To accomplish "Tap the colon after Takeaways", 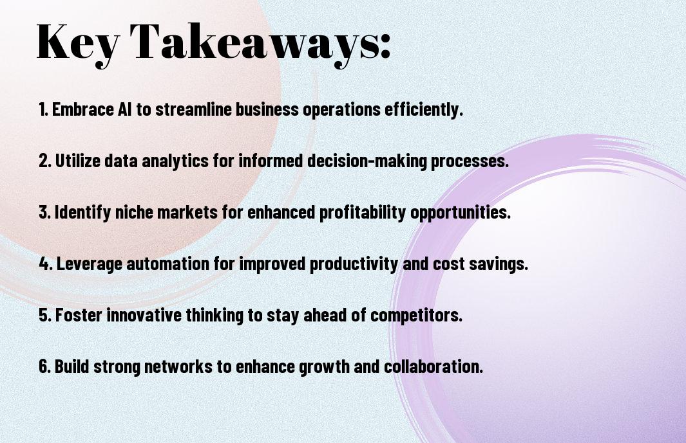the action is click(385, 45).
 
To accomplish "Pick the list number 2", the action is click(44, 161).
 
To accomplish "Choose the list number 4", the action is click(46, 264).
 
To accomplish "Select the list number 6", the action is click(44, 366).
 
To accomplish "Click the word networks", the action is click(178, 366).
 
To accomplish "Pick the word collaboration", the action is click(433, 366).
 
